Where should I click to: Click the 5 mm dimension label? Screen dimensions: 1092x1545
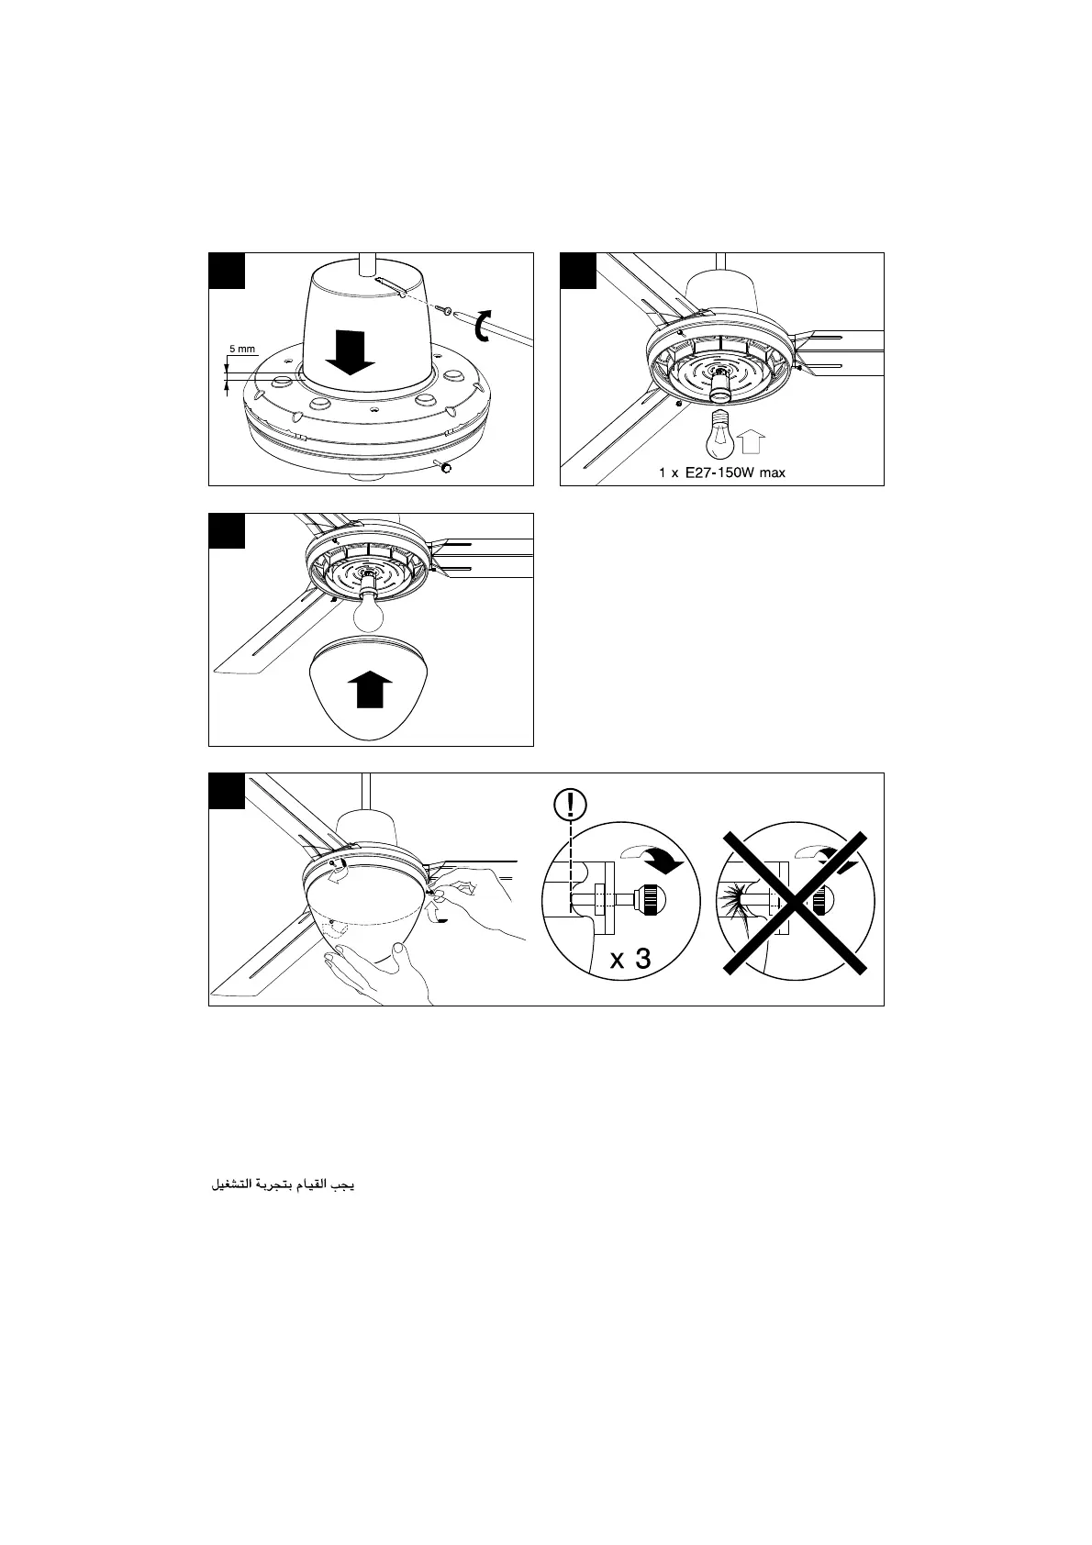coord(241,350)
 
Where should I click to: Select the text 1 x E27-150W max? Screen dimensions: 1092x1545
coord(722,473)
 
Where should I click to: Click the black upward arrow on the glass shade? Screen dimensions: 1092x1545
coord(369,688)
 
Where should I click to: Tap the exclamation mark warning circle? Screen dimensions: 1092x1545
coord(571,805)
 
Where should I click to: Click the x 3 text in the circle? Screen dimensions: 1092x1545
coord(630,961)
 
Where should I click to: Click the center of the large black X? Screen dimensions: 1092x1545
coord(795,901)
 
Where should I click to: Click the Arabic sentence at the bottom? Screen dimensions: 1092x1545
coord(283,1185)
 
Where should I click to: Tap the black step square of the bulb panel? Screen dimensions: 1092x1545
coord(578,271)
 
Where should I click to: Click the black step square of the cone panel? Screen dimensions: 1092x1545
coord(227,271)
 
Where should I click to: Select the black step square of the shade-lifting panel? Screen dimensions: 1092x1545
coord(227,531)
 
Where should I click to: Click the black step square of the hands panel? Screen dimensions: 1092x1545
coord(227,791)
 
